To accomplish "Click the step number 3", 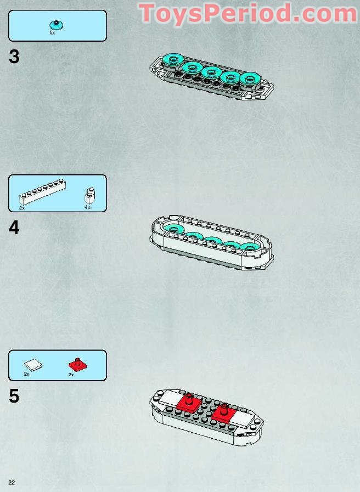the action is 14,57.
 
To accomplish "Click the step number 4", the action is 14,228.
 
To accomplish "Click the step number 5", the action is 14,395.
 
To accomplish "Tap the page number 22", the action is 12,483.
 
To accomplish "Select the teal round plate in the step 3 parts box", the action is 57,25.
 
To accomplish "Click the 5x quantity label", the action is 52,32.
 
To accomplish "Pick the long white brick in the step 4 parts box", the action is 42,192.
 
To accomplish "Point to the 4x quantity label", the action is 87,207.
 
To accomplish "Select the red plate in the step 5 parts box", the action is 78,364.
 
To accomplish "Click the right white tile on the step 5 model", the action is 243,419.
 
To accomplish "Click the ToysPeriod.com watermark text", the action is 248,14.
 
